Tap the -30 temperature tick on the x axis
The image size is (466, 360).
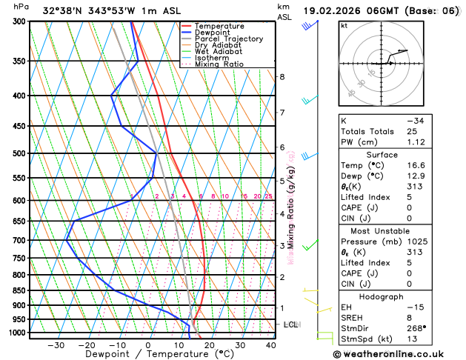[x=56, y=345]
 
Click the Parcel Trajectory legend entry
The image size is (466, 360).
[x=228, y=39]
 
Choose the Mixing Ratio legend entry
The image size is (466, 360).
[x=219, y=64]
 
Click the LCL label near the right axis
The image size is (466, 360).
[x=291, y=324]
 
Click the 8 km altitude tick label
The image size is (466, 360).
[x=282, y=77]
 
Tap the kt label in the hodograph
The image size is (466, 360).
[x=344, y=25]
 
